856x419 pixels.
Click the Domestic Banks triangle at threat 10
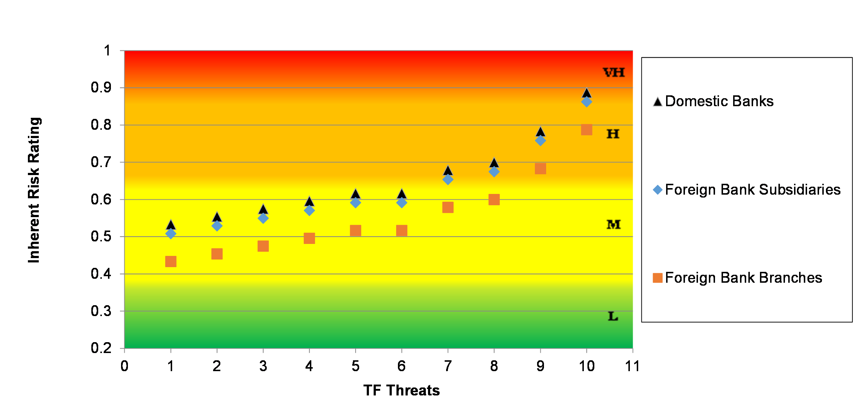pos(586,93)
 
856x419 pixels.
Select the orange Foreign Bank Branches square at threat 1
pos(171,261)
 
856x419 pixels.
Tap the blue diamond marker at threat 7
pos(448,179)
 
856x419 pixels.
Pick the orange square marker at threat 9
pos(540,169)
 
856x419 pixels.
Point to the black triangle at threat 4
pos(309,202)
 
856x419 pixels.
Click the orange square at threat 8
pos(494,200)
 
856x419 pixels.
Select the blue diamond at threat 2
pos(217,226)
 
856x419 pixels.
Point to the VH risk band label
pos(614,72)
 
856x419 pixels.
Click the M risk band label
pos(614,225)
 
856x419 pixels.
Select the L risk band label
pos(613,316)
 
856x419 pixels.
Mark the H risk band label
pos(613,134)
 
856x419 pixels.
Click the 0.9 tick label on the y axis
pos(101,87)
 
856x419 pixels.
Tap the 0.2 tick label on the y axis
pos(101,348)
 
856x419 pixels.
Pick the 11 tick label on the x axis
pos(632,366)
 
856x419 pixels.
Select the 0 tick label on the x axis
pos(124,366)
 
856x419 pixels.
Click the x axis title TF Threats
pos(402,390)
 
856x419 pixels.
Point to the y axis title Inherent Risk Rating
pos(34,190)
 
